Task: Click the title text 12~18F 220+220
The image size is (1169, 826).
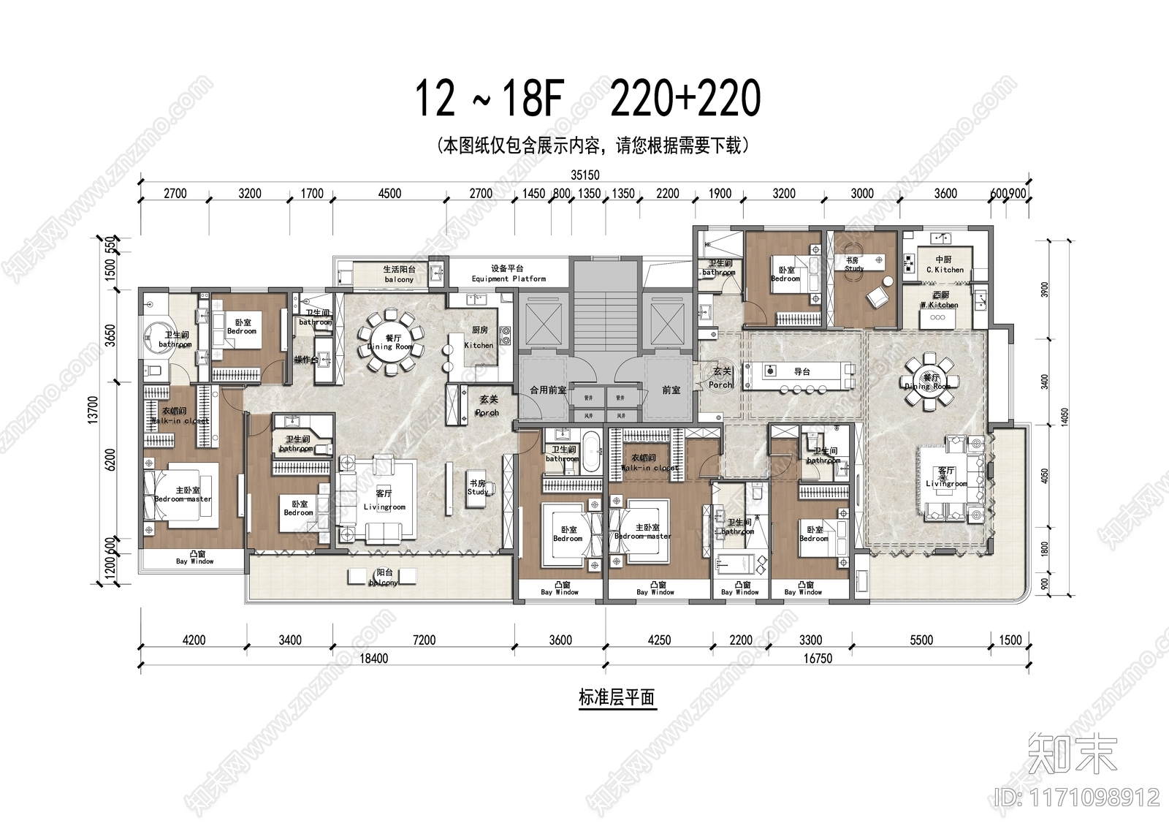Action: (588, 99)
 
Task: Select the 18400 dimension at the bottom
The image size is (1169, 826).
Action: (373, 658)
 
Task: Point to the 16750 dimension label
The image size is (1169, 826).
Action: (818, 658)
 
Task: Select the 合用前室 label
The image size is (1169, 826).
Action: (548, 390)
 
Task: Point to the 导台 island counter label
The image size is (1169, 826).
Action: (801, 371)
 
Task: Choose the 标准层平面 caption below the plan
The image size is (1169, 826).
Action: (617, 697)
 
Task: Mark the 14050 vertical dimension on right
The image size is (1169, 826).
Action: (1064, 418)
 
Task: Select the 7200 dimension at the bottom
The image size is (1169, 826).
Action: (424, 640)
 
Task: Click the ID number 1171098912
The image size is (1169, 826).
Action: (1078, 796)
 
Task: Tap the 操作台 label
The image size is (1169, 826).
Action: (305, 360)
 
